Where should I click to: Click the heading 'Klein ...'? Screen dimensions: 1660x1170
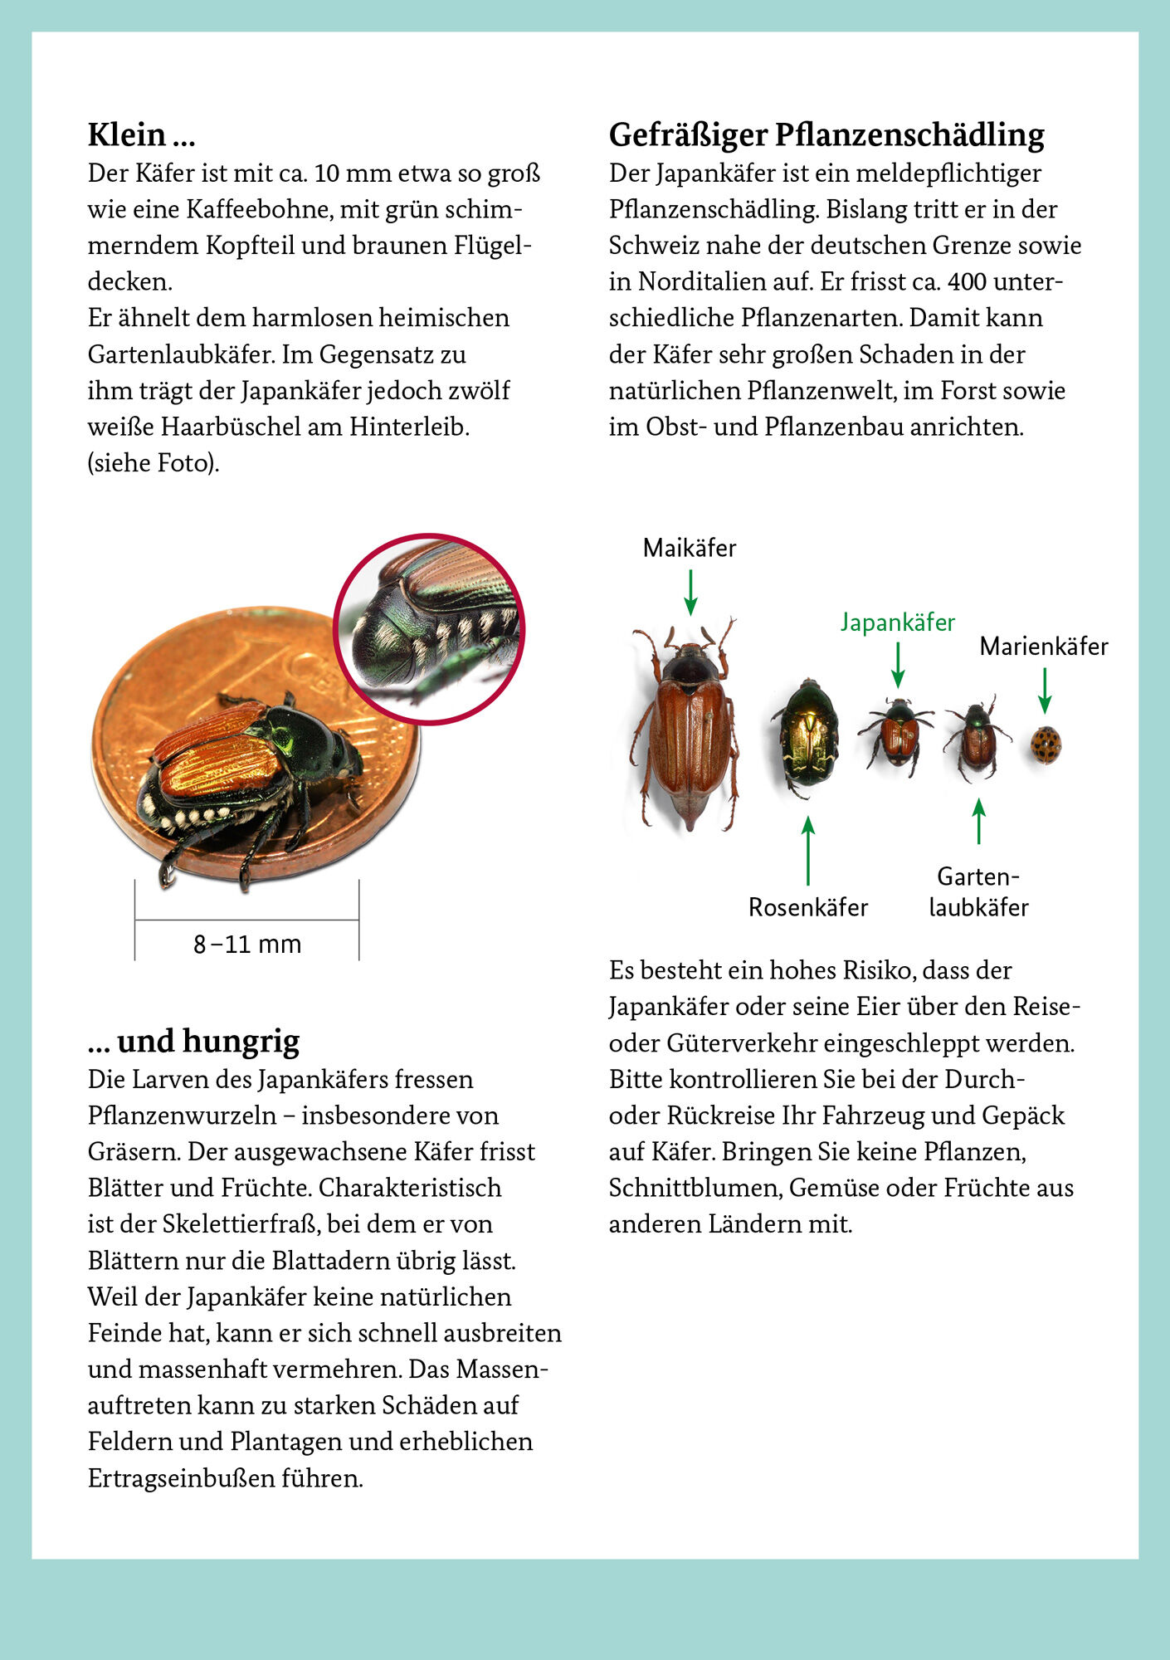tap(141, 134)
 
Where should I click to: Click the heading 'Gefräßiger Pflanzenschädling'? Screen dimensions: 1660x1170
tap(826, 134)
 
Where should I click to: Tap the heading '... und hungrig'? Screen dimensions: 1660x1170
tap(193, 1041)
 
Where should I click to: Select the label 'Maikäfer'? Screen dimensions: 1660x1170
tap(689, 549)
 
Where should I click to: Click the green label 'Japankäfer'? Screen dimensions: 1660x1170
tap(897, 622)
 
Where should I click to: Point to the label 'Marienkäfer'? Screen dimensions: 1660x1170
tap(1043, 647)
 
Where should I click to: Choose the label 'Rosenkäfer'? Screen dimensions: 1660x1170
tap(807, 907)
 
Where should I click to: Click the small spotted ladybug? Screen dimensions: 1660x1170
tap(1046, 745)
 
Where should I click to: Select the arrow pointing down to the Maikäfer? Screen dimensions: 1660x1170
tap(690, 593)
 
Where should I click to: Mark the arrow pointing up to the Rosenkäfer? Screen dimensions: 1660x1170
tap(808, 851)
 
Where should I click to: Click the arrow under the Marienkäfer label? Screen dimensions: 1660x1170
tap(1045, 691)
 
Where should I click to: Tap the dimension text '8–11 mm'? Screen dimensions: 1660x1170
tap(247, 945)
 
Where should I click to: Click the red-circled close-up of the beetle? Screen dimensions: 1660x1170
tap(429, 628)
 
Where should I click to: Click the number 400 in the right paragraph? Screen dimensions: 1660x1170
tap(967, 282)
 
